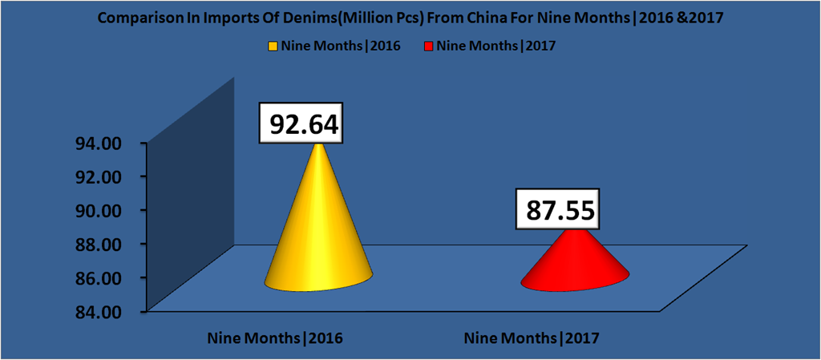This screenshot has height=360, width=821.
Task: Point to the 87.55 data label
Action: [561, 210]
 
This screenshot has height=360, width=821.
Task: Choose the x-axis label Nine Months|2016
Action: [275, 338]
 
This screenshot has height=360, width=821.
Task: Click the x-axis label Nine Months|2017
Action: [533, 338]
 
